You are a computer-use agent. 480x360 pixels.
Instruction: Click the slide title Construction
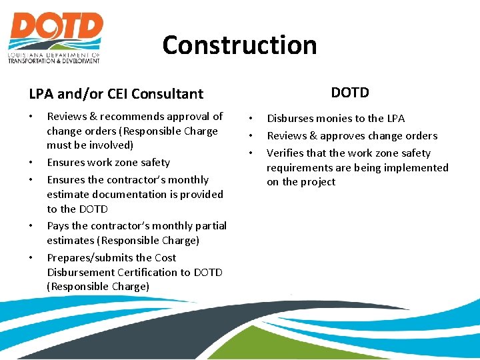239,45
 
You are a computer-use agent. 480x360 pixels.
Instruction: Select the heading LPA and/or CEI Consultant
116,95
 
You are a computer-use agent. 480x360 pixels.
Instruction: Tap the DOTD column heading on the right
350,93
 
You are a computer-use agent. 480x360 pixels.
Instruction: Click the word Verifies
285,153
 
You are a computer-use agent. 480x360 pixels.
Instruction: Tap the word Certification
144,272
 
